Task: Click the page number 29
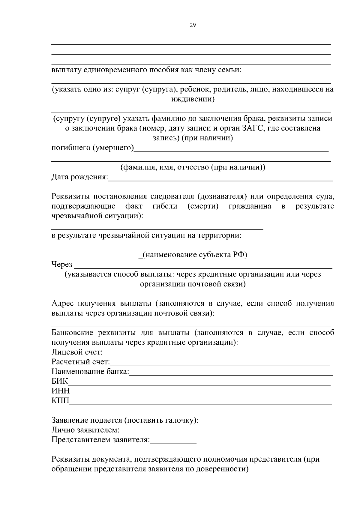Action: point(193,25)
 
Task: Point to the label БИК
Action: point(60,381)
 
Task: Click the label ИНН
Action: point(60,391)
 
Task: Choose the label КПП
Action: point(60,401)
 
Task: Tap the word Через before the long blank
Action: point(62,264)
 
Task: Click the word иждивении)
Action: point(193,99)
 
